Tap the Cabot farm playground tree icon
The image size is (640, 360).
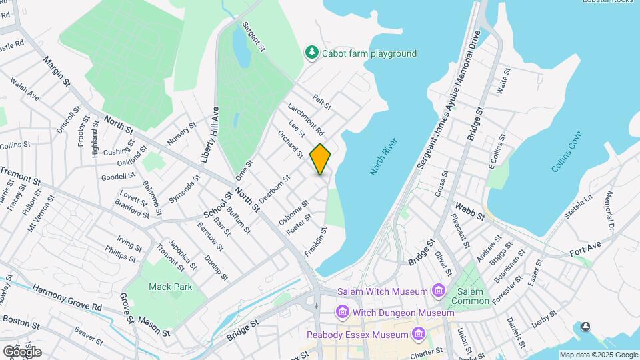click(x=311, y=52)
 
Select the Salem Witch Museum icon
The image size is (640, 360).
click(x=439, y=291)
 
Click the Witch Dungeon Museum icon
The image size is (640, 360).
click(x=343, y=312)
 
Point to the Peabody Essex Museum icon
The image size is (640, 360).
click(x=419, y=333)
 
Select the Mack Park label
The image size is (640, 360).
click(x=170, y=287)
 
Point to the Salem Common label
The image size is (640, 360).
click(x=471, y=296)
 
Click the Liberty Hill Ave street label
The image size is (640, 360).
click(x=210, y=135)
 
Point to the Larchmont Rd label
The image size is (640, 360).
click(x=305, y=118)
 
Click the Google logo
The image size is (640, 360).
click(x=21, y=351)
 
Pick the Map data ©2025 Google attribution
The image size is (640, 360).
click(x=598, y=355)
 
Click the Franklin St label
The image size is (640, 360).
click(x=315, y=242)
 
